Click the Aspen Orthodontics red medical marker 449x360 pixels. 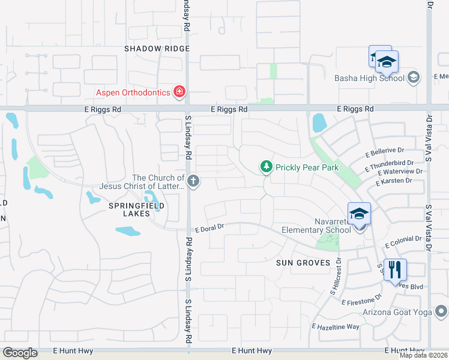(x=178, y=92)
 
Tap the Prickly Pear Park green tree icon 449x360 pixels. (x=265, y=166)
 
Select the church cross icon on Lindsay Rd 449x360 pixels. (x=193, y=181)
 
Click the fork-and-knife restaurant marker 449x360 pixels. (x=394, y=269)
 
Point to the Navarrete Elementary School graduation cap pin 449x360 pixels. (x=359, y=214)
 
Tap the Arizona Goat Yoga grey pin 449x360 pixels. (x=441, y=311)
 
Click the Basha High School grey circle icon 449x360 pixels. (x=413, y=77)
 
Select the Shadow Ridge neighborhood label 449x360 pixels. (x=157, y=49)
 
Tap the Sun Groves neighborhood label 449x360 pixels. (x=303, y=263)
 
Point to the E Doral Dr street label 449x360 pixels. (x=209, y=227)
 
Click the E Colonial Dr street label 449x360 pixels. (x=405, y=242)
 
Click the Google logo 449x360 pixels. (x=20, y=353)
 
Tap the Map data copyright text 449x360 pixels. (x=424, y=355)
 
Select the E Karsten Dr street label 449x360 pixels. (x=394, y=181)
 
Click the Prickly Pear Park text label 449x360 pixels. (x=307, y=168)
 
